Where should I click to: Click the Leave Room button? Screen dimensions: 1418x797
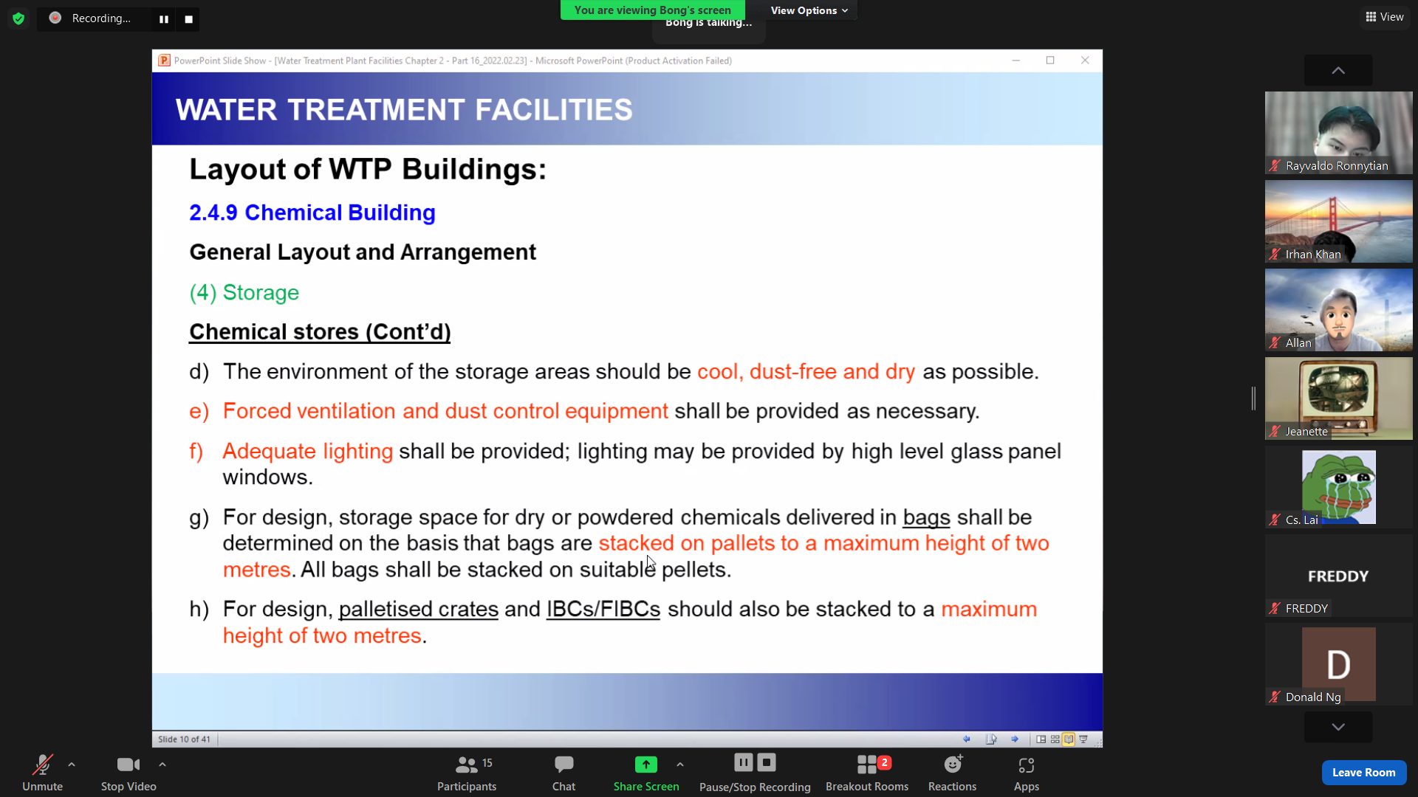(1363, 772)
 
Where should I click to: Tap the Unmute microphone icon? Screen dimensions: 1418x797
(42, 765)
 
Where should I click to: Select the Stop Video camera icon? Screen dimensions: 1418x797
(128, 765)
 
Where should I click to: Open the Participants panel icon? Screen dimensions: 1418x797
(466, 765)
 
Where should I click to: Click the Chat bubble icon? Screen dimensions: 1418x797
(564, 765)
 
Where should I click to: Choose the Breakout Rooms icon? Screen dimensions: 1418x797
(867, 765)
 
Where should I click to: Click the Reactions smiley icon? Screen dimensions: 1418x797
(953, 765)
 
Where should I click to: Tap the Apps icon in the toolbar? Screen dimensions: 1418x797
(1027, 765)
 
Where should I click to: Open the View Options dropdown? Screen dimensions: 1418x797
(809, 10)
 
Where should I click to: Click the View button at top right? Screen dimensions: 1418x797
(1385, 17)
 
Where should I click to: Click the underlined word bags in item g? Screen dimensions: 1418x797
(926, 517)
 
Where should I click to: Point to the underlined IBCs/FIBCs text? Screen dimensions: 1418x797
(603, 609)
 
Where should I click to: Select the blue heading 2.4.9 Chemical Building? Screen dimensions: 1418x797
(312, 213)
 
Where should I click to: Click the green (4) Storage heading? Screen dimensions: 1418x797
(244, 293)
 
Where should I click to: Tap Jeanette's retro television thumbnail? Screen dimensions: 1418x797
(1338, 398)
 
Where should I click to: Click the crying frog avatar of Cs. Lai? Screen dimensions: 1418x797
(1338, 487)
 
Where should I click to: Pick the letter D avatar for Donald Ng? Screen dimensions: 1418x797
(1338, 664)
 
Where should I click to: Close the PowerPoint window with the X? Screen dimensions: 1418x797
(1085, 61)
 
